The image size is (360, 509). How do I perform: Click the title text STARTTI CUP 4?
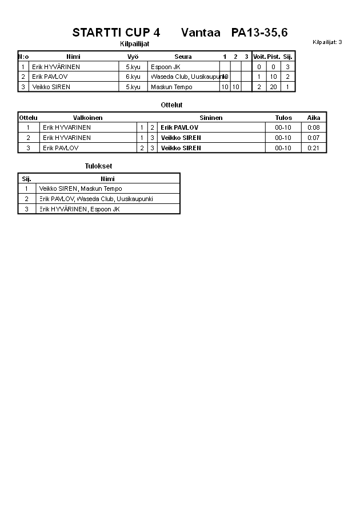click(x=116, y=33)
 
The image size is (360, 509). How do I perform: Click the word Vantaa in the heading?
click(x=201, y=33)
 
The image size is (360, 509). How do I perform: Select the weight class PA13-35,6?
click(x=259, y=33)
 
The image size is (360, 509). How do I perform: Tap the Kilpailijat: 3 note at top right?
click(x=327, y=42)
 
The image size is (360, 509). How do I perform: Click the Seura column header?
click(x=183, y=57)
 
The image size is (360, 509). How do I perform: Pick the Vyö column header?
click(x=133, y=57)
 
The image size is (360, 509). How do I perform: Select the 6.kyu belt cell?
click(x=133, y=77)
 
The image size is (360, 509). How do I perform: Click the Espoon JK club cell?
click(x=165, y=67)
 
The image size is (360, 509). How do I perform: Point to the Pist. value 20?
click(x=273, y=87)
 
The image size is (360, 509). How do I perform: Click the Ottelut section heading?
click(x=171, y=105)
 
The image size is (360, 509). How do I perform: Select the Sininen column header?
click(x=211, y=118)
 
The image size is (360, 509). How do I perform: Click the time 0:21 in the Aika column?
click(x=314, y=148)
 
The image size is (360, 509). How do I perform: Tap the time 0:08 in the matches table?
click(x=314, y=127)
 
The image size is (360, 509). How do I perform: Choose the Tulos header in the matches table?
click(x=283, y=118)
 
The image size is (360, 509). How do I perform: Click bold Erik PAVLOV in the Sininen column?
click(x=179, y=127)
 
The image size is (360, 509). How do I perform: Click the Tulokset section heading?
click(x=98, y=166)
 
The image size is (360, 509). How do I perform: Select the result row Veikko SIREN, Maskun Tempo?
click(x=81, y=189)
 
